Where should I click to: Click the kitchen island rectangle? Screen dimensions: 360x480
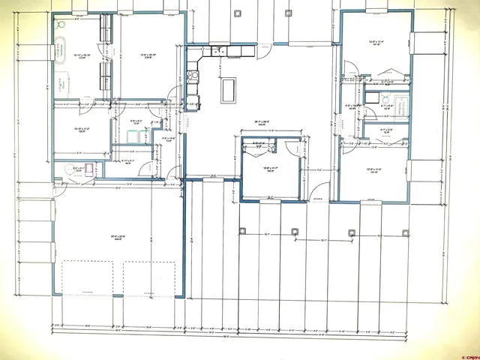tap(227, 91)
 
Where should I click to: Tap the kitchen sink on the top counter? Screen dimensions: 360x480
tap(217, 52)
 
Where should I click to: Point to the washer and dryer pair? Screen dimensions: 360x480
tap(137, 135)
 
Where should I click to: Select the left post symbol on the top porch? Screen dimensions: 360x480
tap(238, 13)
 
